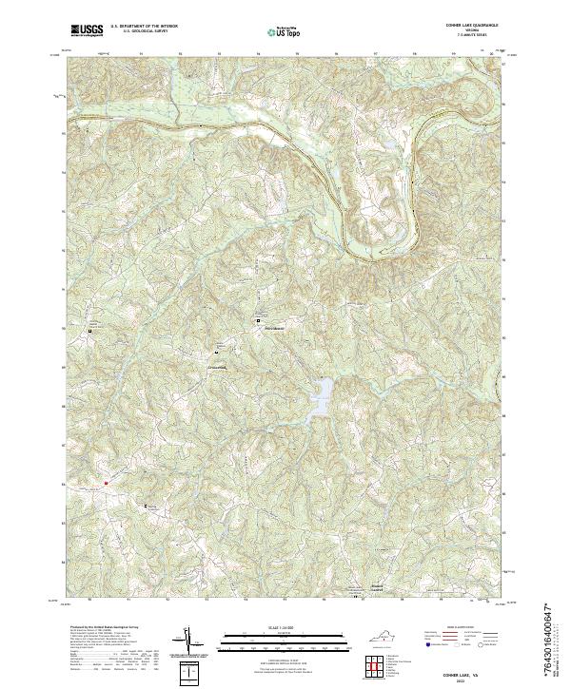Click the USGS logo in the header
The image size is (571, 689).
87,31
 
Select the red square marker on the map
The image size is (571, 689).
107,482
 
